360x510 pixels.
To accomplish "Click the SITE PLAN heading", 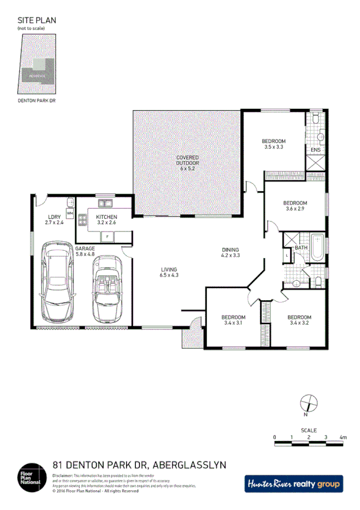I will [x=37, y=19].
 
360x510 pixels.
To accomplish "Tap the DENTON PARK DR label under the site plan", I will [x=37, y=102].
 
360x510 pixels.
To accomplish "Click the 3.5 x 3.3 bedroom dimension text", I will [x=273, y=147].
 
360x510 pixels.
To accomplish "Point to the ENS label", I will [x=316, y=150].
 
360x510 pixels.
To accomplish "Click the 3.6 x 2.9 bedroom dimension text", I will [x=295, y=209].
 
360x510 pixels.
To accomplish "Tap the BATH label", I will [x=301, y=248].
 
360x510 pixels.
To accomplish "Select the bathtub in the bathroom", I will [x=317, y=253].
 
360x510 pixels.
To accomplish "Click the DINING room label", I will [x=230, y=250].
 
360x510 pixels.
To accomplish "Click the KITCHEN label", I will [x=106, y=217].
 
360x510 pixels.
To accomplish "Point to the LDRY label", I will [x=55, y=217].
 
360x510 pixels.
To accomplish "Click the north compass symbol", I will [x=307, y=402].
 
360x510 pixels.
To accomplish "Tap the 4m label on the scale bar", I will [x=343, y=437].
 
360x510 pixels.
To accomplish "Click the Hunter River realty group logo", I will [x=293, y=483].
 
